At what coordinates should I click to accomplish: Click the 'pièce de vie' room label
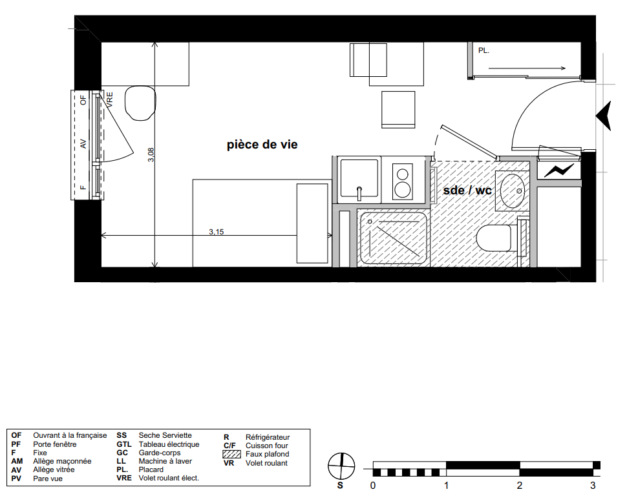coord(262,145)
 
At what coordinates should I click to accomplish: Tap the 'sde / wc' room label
coord(467,190)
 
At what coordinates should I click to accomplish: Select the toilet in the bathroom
coord(494,238)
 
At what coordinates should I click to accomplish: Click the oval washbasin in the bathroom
coord(512,191)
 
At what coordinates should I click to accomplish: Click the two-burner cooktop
coord(402,181)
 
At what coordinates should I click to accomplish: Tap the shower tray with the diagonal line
coord(393,239)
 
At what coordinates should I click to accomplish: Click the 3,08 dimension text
coord(151,154)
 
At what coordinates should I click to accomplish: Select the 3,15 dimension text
coord(217,232)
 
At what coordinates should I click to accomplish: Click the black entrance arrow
coord(604,116)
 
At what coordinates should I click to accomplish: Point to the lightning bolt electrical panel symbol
coord(558,171)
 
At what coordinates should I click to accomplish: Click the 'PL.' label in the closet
coord(484,51)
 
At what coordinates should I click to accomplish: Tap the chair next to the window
coord(140,103)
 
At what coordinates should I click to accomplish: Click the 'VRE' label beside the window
coord(110,99)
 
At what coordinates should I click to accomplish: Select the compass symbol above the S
coord(341,466)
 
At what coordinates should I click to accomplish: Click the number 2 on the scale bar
coord(520,485)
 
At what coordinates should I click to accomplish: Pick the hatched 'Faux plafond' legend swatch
coord(231,454)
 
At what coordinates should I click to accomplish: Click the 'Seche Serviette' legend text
coord(165,435)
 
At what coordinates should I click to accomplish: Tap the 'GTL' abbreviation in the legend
coord(124,444)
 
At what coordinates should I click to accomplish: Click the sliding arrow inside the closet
coord(527,68)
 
